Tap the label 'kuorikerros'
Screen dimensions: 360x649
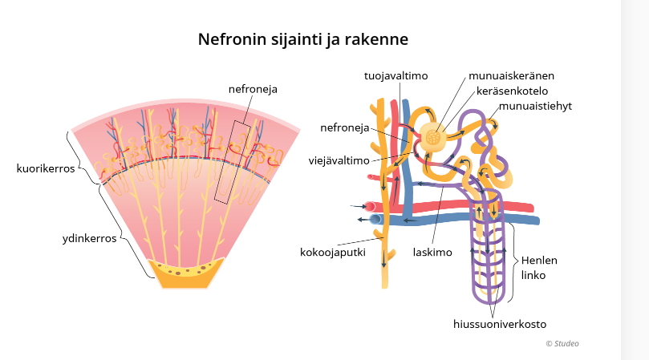[46, 169]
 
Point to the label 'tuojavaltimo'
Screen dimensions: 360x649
[395, 75]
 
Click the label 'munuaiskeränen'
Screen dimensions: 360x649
[512, 75]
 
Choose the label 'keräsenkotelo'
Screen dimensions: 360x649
[512, 91]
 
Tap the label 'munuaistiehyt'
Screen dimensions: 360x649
[534, 106]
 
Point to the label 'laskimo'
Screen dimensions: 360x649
[433, 252]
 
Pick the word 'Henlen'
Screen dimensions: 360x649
[539, 261]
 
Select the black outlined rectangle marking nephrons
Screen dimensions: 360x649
[237, 160]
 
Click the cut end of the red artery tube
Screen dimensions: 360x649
[369, 207]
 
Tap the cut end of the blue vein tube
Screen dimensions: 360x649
[375, 220]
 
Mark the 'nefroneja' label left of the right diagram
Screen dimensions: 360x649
[344, 127]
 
